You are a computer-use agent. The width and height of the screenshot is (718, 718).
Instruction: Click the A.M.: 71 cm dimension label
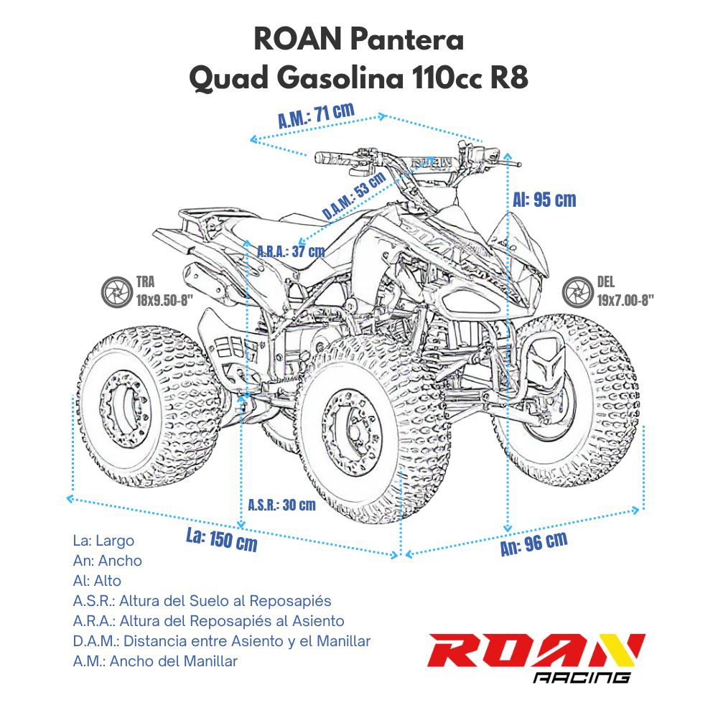317,116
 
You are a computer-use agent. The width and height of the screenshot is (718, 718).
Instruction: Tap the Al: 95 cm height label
544,199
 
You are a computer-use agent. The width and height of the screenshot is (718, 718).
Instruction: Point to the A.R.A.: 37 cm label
291,251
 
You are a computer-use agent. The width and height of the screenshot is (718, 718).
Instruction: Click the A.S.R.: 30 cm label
281,505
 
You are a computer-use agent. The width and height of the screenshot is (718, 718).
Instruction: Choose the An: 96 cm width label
533,544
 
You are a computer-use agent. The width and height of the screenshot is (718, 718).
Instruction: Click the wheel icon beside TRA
114,293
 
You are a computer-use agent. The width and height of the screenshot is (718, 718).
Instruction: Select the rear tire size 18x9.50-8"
162,301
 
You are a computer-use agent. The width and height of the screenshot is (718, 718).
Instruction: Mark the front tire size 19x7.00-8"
625,301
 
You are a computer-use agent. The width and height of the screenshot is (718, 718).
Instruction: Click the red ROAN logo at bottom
536,651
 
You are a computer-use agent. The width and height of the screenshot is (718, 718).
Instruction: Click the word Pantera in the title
407,39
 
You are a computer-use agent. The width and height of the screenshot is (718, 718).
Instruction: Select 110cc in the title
447,78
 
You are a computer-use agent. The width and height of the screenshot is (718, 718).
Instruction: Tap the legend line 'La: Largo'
103,541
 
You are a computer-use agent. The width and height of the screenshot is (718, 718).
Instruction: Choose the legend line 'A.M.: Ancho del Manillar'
155,661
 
